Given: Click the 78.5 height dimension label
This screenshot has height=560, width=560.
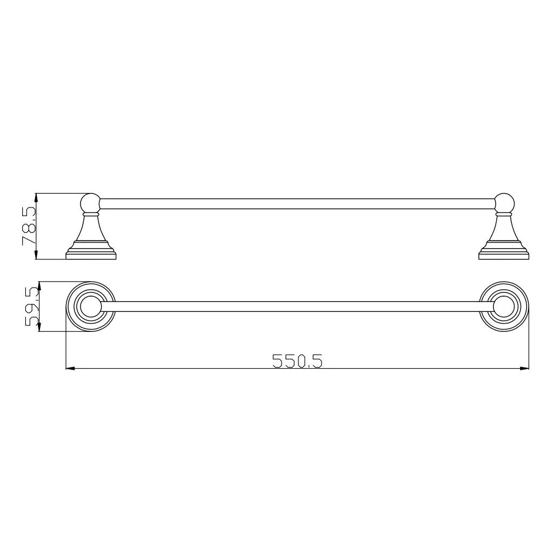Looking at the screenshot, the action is [29, 226].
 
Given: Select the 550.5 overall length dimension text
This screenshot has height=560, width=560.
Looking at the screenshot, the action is [297, 361].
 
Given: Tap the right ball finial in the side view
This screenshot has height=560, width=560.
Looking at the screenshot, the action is [504, 203].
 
